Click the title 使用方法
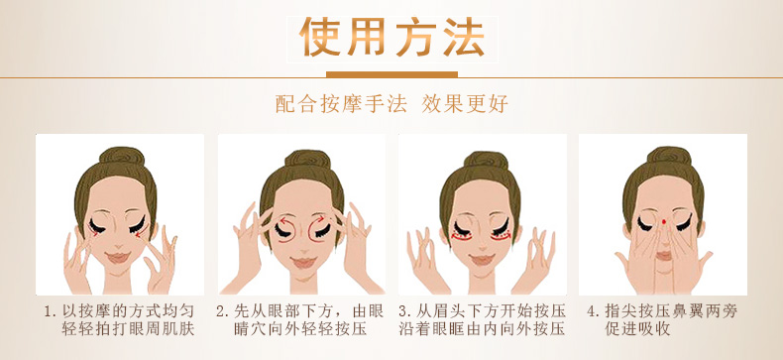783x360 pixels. pos(392,38)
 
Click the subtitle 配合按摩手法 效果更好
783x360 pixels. pos(391,103)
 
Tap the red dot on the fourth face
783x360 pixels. pos(664,221)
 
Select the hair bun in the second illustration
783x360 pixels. pos(307,159)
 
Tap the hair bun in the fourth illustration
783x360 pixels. pos(666,156)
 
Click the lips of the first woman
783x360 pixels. pos(118,258)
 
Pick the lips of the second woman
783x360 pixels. pos(303,263)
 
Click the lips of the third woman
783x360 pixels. pos(483,260)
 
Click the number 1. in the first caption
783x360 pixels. pos(50,312)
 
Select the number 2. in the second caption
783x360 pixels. pos(222,312)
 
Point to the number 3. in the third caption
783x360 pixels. pos(404,312)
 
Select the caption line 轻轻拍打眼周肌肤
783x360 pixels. pos(128,329)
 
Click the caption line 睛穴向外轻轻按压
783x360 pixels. pos(300,329)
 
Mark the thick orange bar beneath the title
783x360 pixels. pos(392,75)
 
